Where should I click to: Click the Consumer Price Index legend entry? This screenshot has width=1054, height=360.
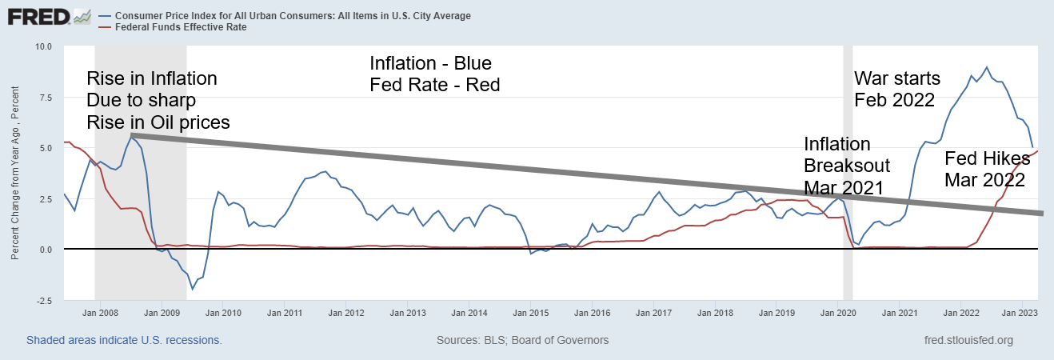click(x=293, y=16)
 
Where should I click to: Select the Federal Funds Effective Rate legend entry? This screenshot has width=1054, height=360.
click(x=180, y=27)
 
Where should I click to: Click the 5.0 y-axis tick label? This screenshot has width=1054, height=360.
click(x=45, y=148)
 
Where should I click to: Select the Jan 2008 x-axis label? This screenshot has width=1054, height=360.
click(x=101, y=313)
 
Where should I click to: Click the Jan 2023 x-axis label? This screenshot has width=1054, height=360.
click(x=1020, y=313)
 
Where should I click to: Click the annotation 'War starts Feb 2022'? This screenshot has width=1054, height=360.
click(x=897, y=89)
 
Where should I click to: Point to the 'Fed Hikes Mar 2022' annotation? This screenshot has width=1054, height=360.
click(x=987, y=169)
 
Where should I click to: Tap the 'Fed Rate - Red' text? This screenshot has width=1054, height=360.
click(x=434, y=84)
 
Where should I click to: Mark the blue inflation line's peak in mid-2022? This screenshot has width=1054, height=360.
click(x=987, y=67)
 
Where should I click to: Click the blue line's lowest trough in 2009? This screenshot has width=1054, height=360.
click(x=193, y=289)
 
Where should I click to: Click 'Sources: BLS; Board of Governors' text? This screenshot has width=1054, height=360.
click(x=522, y=340)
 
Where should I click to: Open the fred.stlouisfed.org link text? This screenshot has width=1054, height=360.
click(x=968, y=340)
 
